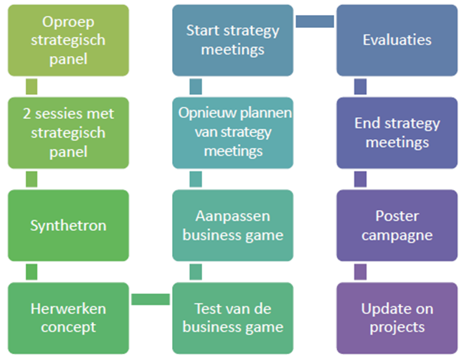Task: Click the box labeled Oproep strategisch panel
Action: click(x=68, y=40)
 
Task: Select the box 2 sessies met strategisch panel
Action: click(x=68, y=133)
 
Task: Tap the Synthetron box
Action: click(x=68, y=225)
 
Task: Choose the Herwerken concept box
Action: click(x=68, y=318)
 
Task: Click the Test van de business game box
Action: click(x=233, y=318)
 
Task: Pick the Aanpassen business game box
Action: click(x=233, y=225)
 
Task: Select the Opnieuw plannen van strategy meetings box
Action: click(x=233, y=133)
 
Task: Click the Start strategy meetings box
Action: click(x=233, y=40)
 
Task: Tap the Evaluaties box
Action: click(x=397, y=40)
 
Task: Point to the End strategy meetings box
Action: click(x=397, y=133)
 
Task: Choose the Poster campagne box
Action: click(x=397, y=225)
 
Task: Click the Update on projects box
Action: click(x=397, y=318)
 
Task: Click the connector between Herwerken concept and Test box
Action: click(x=151, y=299)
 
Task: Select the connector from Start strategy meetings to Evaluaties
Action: click(x=315, y=22)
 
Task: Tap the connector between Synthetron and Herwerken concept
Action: click(x=32, y=272)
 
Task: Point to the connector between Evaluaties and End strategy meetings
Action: click(x=361, y=87)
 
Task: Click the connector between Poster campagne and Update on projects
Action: click(x=361, y=272)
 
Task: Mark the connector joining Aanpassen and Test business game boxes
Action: click(x=196, y=272)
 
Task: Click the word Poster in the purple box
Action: click(x=397, y=216)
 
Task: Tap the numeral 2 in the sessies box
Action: click(x=27, y=114)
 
